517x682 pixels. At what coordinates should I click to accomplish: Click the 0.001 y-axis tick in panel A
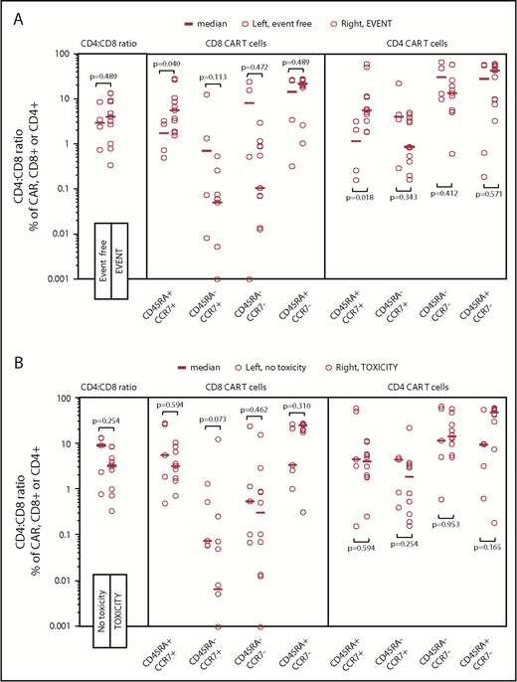pos(56,279)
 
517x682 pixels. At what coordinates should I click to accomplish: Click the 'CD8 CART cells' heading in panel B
pos(237,383)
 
